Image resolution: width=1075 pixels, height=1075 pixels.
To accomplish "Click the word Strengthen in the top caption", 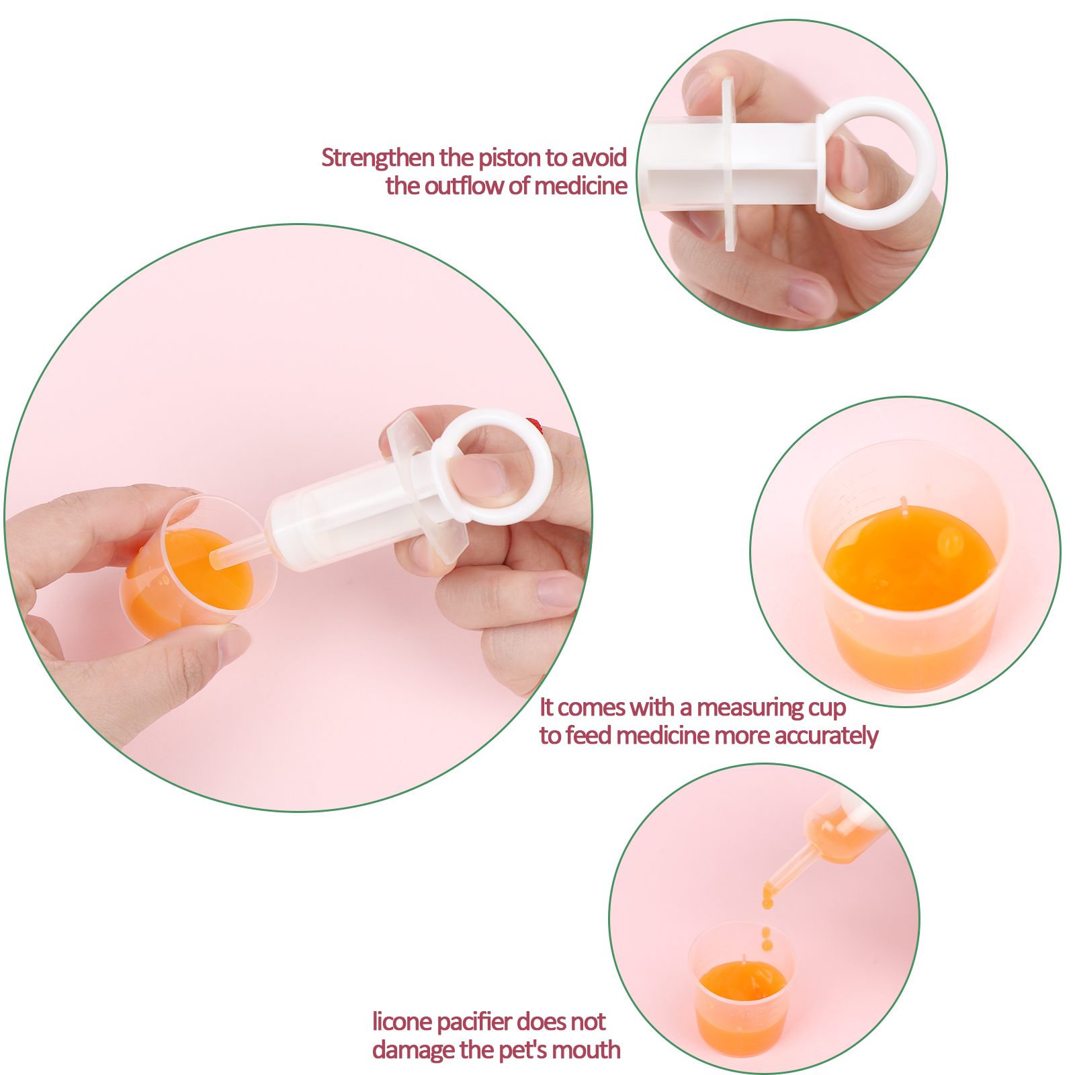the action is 378,158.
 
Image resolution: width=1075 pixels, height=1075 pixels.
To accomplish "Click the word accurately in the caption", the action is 826,736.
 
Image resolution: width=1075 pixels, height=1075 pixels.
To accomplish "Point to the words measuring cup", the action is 771,708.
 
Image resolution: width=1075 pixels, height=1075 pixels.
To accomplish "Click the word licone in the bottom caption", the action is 402,1021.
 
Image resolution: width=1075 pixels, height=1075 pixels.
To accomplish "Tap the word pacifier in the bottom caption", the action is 474,1022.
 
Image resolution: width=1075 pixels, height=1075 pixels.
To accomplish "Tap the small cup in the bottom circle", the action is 741,988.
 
